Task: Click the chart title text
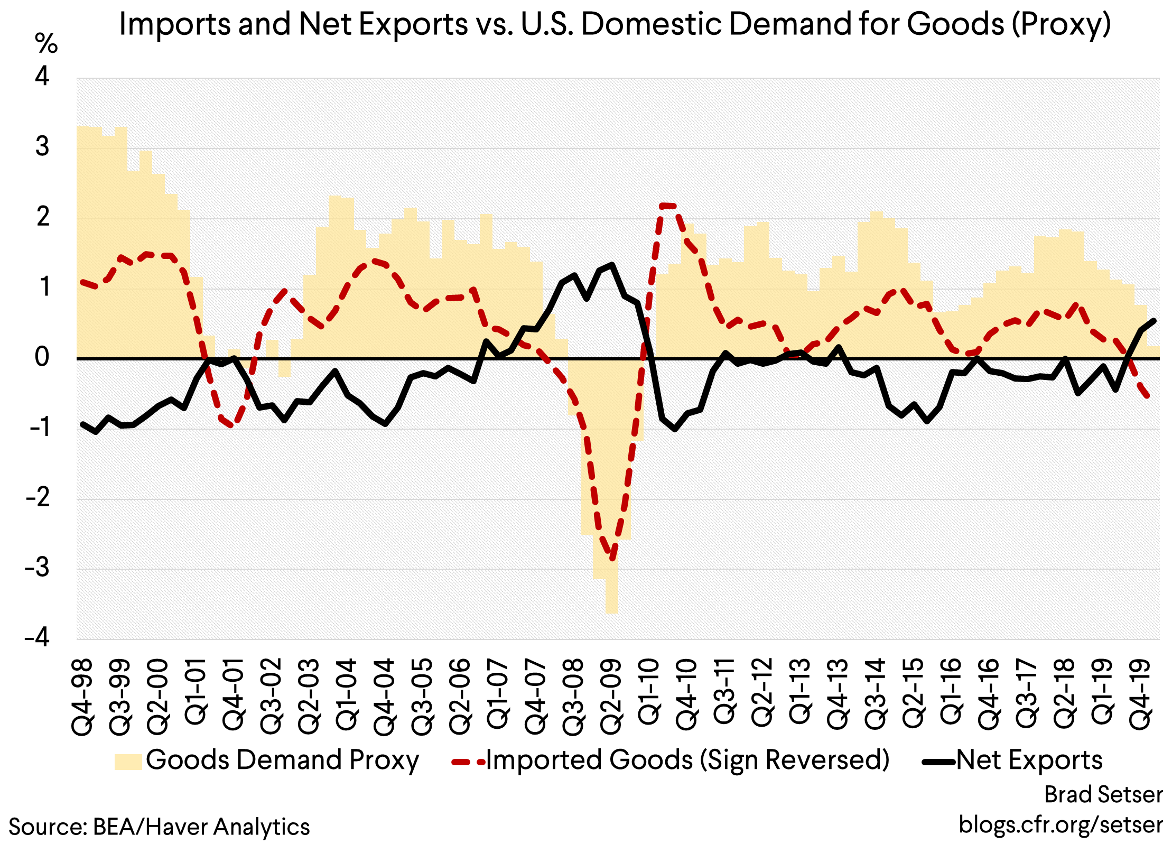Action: pos(615,24)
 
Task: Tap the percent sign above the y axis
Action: pos(46,44)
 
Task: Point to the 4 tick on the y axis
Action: pos(42,77)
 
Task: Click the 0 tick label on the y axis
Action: pos(42,358)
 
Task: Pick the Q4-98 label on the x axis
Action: pos(83,697)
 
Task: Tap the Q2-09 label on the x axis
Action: pos(612,697)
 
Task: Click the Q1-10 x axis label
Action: pos(649,692)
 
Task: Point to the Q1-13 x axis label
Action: pos(801,692)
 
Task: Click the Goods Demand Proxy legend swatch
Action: pos(128,762)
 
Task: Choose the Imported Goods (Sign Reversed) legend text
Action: pos(687,760)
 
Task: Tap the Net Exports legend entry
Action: pos(1029,760)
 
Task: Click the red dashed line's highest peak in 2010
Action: pos(667,205)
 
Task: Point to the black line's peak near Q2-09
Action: pos(612,265)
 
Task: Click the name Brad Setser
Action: pos(1103,794)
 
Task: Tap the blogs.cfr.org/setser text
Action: pos(1061,824)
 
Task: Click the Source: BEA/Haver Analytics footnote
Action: pos(159,827)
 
